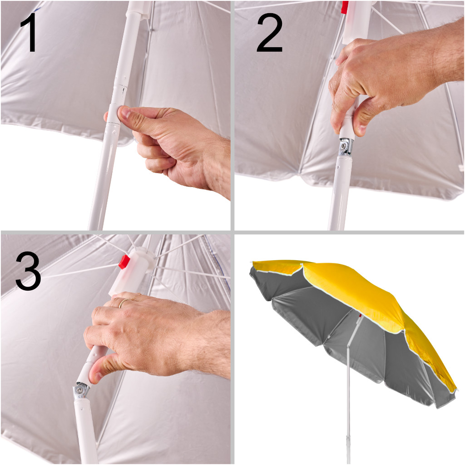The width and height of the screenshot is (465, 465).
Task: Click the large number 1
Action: tap(30, 32)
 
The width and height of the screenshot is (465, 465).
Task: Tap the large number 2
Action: tap(270, 33)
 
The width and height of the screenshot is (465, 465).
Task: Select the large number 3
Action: tap(28, 271)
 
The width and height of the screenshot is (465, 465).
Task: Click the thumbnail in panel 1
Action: tap(125, 113)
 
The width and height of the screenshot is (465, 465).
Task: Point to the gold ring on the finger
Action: tap(124, 302)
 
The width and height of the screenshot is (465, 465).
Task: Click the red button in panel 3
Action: tap(124, 262)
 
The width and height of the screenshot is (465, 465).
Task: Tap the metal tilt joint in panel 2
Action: tap(346, 147)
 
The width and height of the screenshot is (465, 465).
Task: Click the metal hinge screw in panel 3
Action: tap(79, 389)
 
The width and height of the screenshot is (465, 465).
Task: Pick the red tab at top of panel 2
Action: tap(344, 7)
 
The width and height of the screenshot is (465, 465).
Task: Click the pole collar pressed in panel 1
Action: tap(114, 114)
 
